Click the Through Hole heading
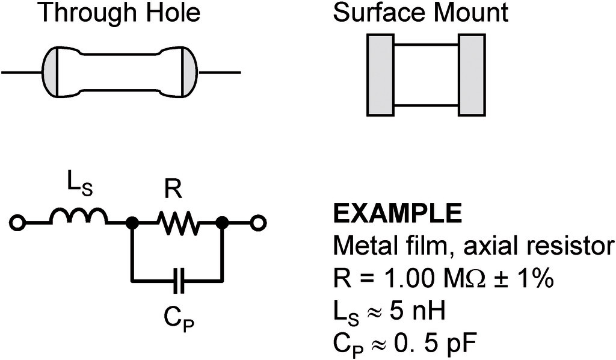coord(119,13)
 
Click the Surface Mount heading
coord(420,13)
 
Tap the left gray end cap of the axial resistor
coord(49,73)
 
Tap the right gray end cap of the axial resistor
coord(189,73)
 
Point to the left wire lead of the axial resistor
coord(22,73)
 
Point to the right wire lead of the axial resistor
coord(220,73)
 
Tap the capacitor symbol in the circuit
coord(177,279)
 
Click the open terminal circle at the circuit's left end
coord(17,224)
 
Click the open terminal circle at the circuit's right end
coord(258,224)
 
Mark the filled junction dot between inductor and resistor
coord(132,224)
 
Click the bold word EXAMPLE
coord(397,213)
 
